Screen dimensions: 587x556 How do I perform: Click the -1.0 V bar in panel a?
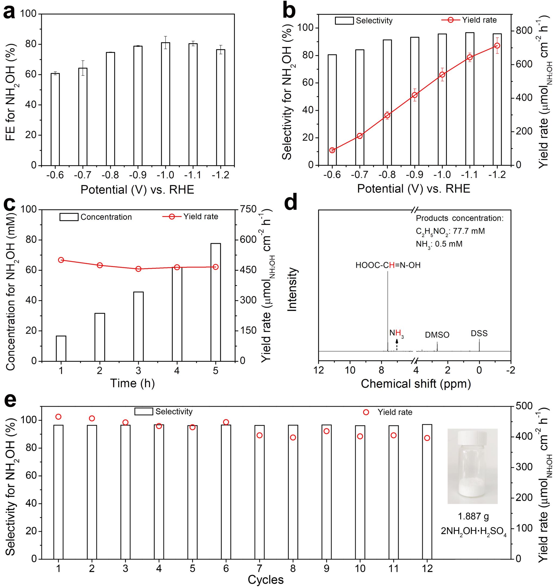click(165, 104)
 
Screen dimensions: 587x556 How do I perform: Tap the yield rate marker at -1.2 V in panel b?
click(497, 46)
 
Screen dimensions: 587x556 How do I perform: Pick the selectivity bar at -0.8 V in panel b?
click(387, 102)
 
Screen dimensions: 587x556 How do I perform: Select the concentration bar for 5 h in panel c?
click(216, 302)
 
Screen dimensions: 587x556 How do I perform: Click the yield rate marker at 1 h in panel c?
click(61, 260)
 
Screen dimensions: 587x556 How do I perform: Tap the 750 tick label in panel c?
click(248, 209)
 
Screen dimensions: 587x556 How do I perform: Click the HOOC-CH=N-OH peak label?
click(388, 265)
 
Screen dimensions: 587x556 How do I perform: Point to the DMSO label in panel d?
click(437, 335)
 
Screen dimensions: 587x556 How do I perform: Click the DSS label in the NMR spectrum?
click(479, 333)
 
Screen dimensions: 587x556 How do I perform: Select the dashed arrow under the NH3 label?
click(397, 345)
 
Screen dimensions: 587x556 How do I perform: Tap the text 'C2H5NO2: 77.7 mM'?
click(450, 231)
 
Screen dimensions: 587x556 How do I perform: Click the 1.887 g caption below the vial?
click(473, 517)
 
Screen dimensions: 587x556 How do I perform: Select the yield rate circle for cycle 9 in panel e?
click(327, 431)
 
